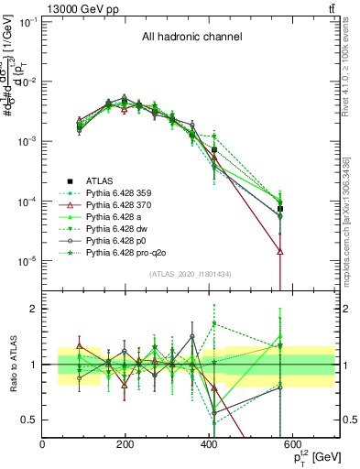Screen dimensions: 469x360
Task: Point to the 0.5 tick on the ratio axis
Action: [30, 420]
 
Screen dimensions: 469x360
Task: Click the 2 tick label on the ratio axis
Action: [35, 309]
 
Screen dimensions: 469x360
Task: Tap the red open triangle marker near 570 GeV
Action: [280, 250]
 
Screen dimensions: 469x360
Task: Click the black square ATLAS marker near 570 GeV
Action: [280, 209]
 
